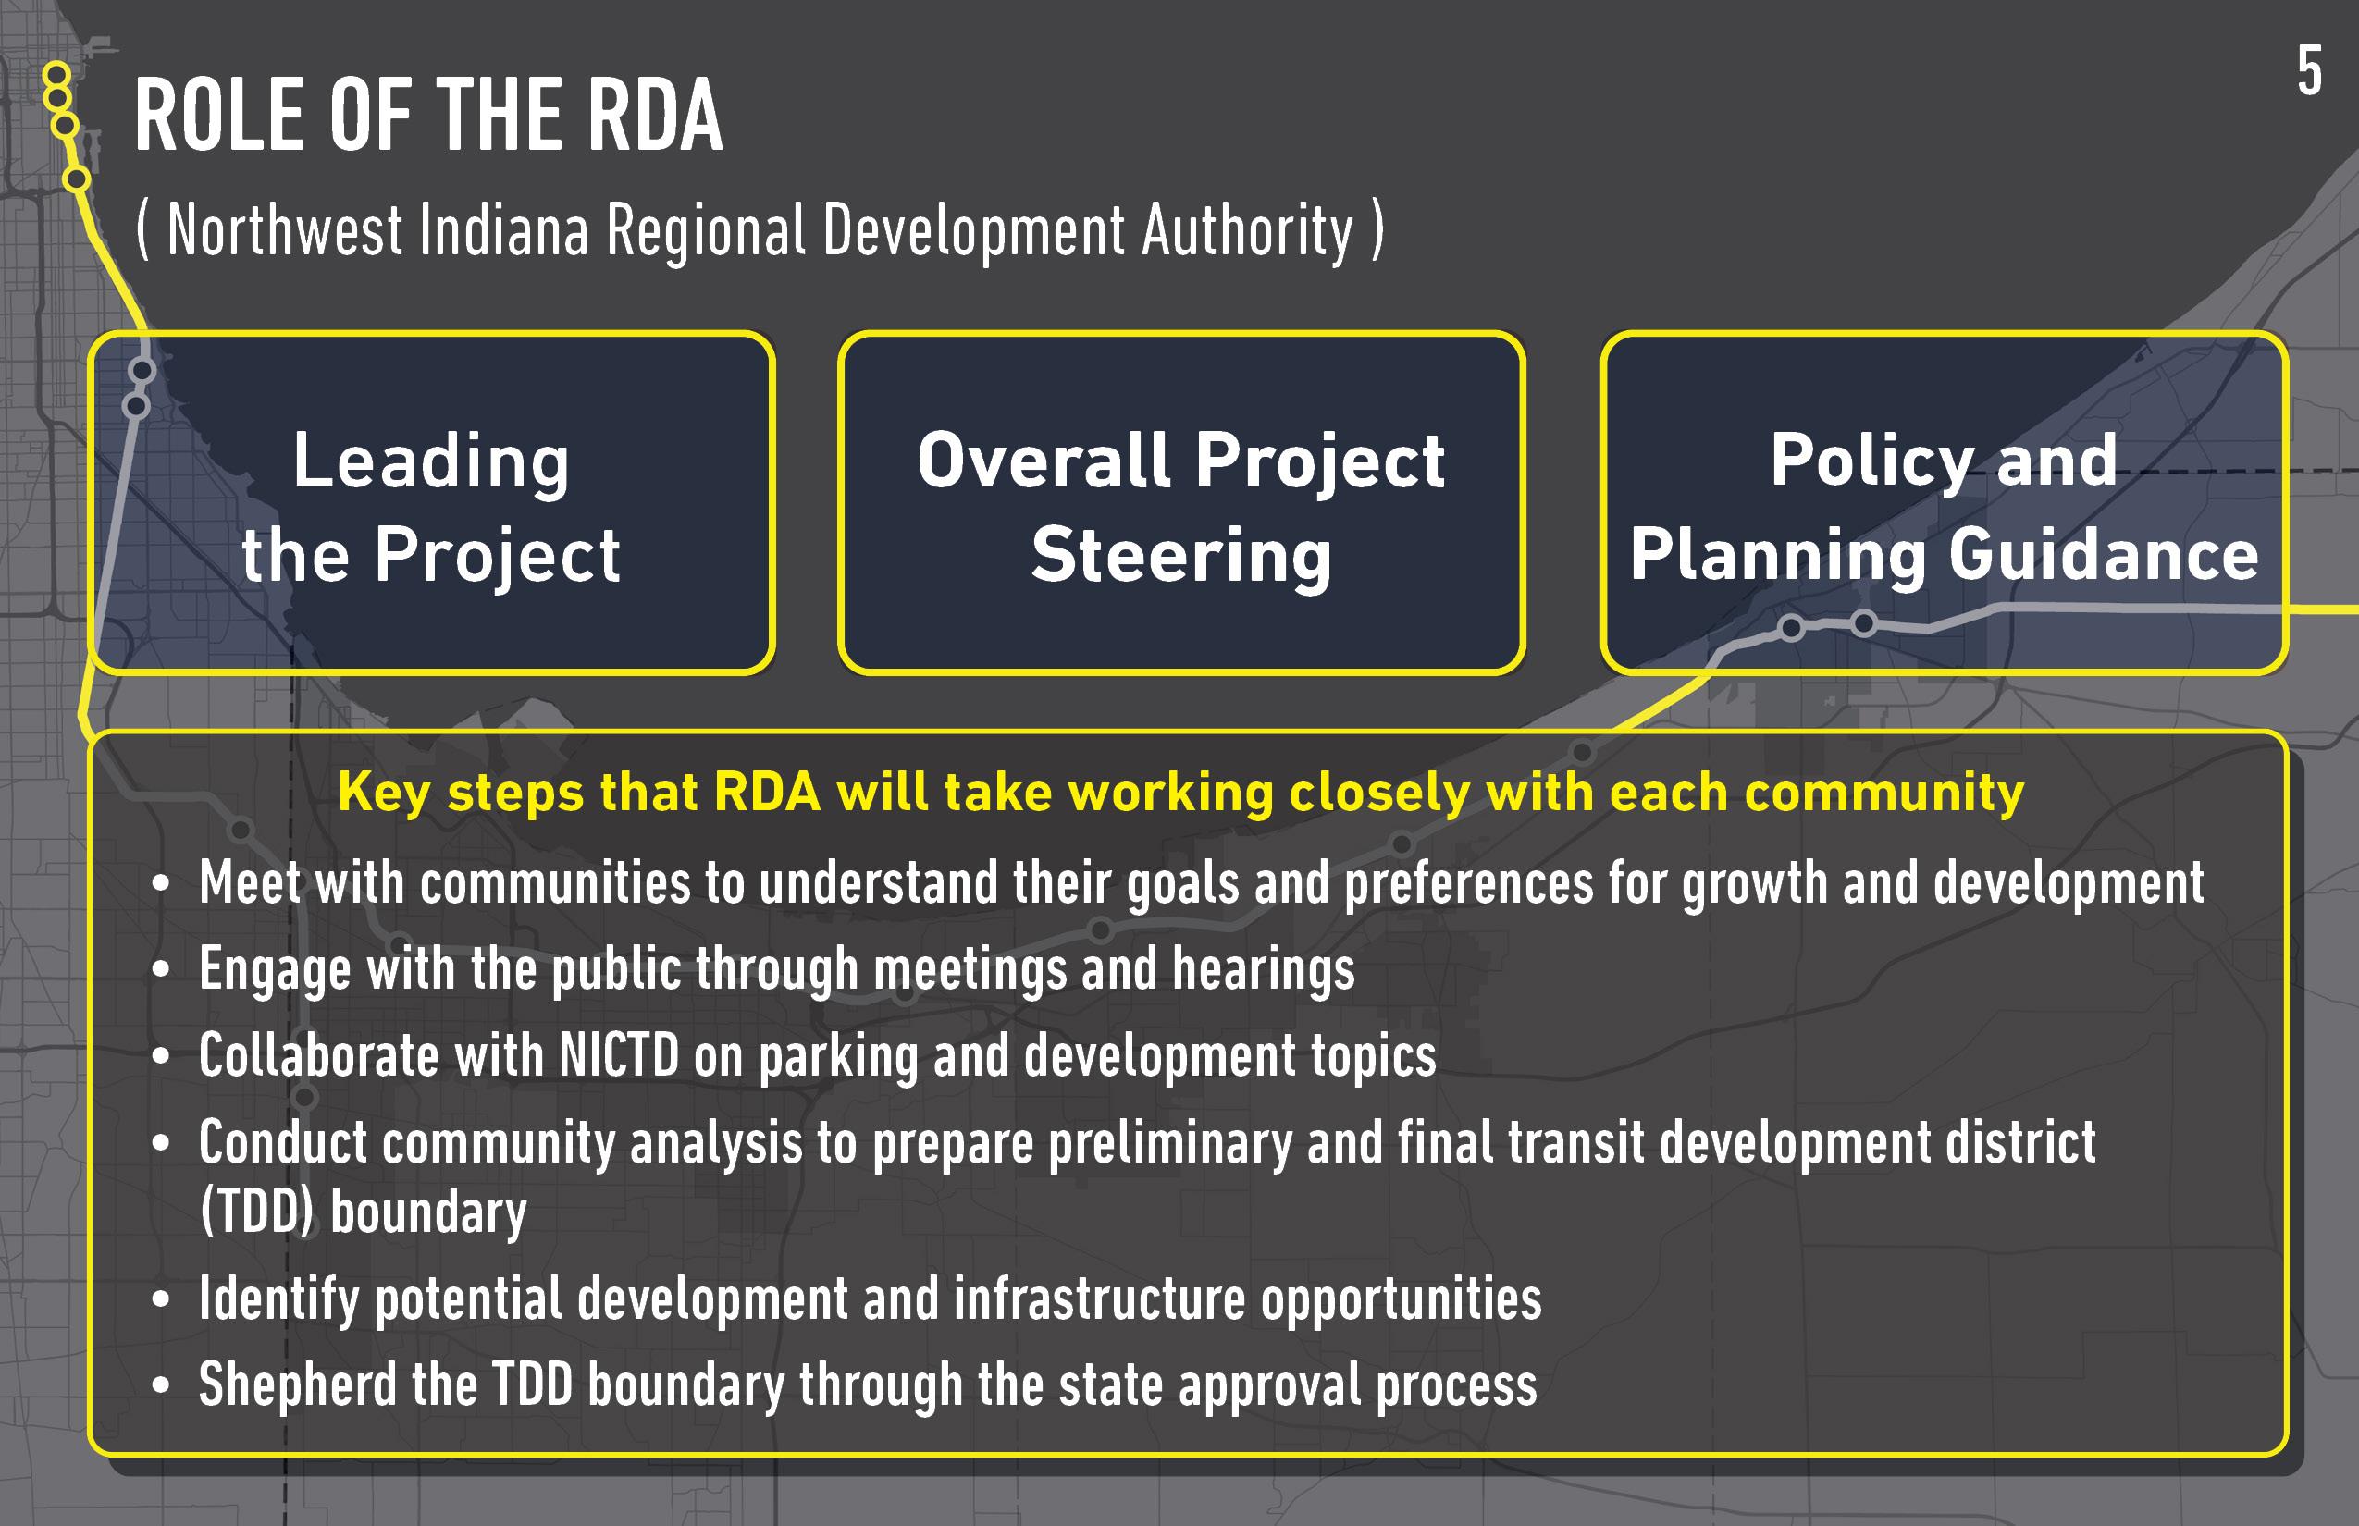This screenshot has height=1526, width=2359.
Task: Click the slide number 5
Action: click(2309, 71)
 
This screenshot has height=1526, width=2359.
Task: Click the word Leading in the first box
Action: click(431, 461)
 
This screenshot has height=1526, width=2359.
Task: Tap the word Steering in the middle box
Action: click(1181, 556)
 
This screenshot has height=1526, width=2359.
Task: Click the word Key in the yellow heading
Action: click(384, 794)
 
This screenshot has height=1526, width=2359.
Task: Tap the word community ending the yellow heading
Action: click(1884, 794)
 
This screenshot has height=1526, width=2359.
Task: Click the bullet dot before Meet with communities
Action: click(161, 883)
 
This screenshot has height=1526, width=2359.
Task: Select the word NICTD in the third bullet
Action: click(619, 1055)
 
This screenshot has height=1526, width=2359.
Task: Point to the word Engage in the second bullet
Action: click(275, 969)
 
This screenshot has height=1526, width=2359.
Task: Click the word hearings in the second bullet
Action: click(1264, 969)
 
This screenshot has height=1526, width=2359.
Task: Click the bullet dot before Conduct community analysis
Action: click(161, 1142)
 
